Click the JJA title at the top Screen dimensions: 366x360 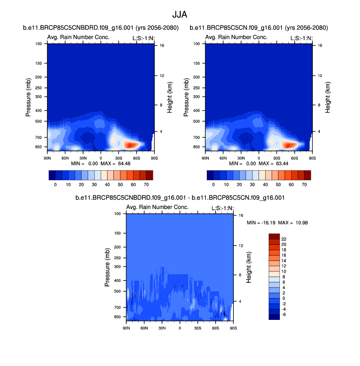point(180,15)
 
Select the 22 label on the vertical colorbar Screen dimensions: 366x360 point(284,239)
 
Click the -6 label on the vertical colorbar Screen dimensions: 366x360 point(284,314)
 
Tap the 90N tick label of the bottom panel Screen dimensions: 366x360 point(127,327)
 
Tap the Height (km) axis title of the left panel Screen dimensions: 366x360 point(169,96)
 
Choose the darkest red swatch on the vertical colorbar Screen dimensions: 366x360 point(274,236)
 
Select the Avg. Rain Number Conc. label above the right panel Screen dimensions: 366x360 point(236,37)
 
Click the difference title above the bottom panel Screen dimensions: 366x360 point(181,198)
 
